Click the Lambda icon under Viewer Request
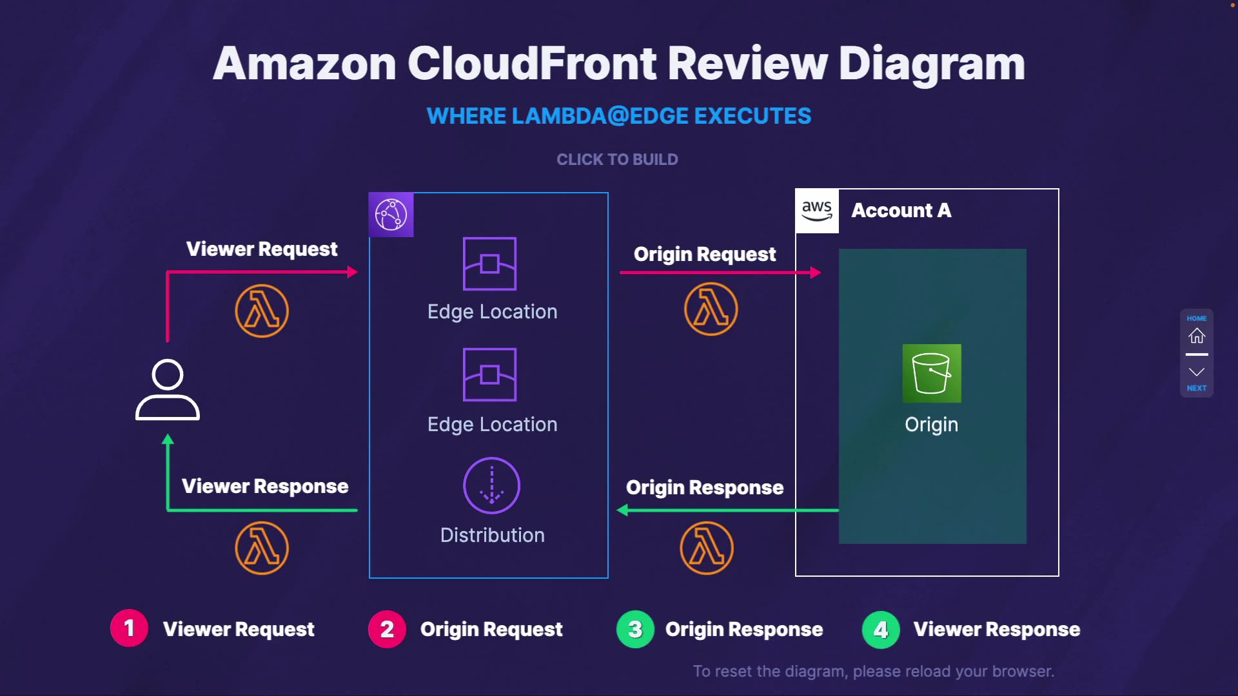262,311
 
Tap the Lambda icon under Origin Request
711,309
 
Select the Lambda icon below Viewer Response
262,548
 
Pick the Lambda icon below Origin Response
707,548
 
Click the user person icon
168,390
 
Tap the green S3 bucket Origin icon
932,373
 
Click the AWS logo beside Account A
817,211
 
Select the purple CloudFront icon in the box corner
391,215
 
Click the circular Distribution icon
492,485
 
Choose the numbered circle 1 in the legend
129,628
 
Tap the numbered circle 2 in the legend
387,629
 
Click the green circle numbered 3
635,629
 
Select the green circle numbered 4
881,630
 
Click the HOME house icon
1197,335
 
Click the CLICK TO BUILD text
617,159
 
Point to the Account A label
901,210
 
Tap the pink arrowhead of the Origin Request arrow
816,273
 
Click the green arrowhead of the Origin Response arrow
622,510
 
